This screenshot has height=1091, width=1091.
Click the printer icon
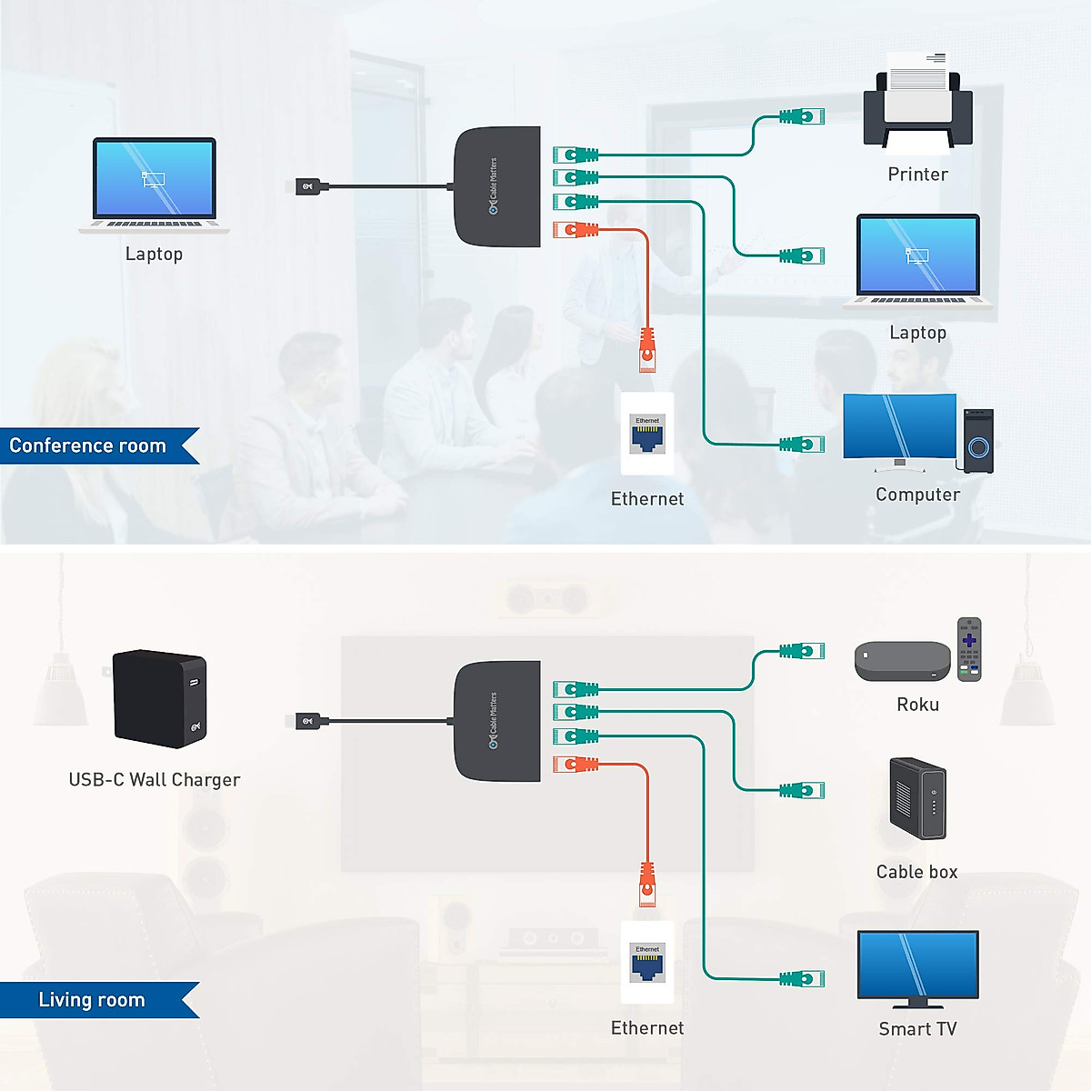pyautogui.click(x=917, y=108)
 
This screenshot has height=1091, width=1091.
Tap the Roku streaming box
pyautogui.click(x=902, y=661)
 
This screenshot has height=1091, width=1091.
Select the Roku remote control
pyautogui.click(x=969, y=648)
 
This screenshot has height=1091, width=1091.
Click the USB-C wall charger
pyautogui.click(x=160, y=698)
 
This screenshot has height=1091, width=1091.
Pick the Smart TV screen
pyautogui.click(x=917, y=966)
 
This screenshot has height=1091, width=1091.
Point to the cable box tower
pyautogui.click(x=917, y=798)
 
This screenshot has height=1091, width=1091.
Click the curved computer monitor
pyautogui.click(x=899, y=428)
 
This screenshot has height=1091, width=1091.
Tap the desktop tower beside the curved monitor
pyautogui.click(x=978, y=441)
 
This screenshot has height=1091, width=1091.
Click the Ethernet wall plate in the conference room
pyautogui.click(x=647, y=434)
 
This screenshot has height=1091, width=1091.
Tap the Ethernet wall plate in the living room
pyautogui.click(x=647, y=962)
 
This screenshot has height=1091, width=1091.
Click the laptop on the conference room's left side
pyautogui.click(x=154, y=185)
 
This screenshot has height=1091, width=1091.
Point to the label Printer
pyautogui.click(x=917, y=175)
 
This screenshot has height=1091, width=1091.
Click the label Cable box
pyautogui.click(x=916, y=872)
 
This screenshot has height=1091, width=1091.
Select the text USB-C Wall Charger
pyautogui.click(x=155, y=780)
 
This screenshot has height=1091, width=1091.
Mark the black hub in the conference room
pyautogui.click(x=497, y=186)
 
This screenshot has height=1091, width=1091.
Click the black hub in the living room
pyautogui.click(x=497, y=721)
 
